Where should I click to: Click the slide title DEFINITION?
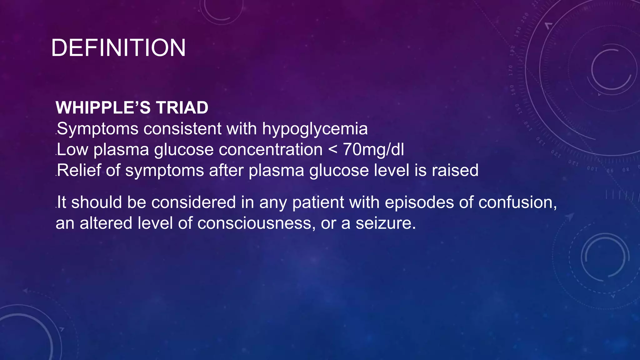click(x=118, y=48)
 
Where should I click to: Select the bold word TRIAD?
click(x=182, y=108)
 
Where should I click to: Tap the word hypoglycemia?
click(x=315, y=129)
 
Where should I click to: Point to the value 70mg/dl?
click(x=373, y=149)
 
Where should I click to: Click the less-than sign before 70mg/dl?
click(x=333, y=150)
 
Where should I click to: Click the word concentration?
click(x=271, y=149)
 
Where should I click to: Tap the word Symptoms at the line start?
click(x=97, y=129)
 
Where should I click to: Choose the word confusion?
click(x=517, y=202)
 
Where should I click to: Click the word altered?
click(x=106, y=223)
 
